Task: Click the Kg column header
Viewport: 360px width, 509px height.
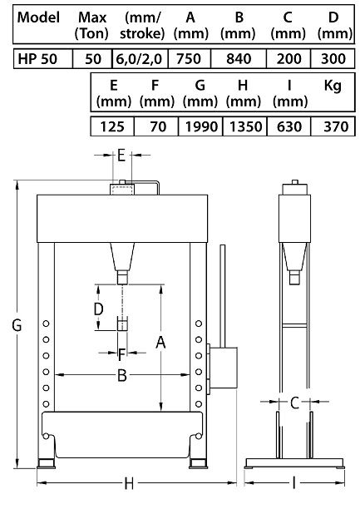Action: click(x=333, y=86)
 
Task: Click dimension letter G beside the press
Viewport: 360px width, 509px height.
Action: click(x=15, y=327)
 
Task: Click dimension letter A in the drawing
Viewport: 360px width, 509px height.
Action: click(x=160, y=342)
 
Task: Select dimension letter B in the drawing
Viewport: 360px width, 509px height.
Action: click(x=121, y=376)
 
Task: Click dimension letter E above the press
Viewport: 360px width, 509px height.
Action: click(x=121, y=155)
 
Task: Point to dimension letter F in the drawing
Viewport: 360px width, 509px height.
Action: click(x=121, y=353)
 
